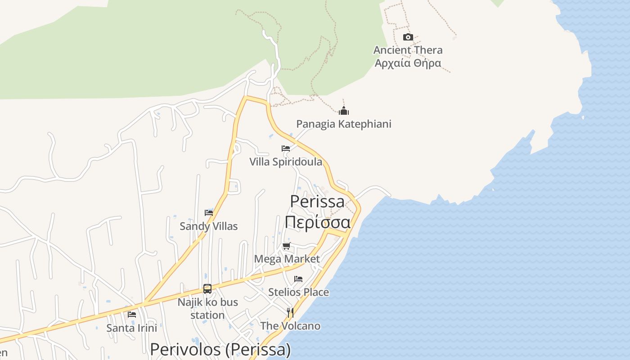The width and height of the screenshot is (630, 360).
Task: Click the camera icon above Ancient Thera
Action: pos(408,37)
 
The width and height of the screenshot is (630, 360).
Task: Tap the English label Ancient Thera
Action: pos(408,50)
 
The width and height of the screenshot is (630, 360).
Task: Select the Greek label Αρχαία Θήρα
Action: pos(408,63)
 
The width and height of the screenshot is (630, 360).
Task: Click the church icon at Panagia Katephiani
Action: pos(344,111)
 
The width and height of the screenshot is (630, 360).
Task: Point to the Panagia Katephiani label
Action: pos(344,124)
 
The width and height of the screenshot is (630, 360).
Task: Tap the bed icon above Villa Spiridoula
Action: pos(286,148)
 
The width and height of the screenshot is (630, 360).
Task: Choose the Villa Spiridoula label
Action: pos(286,162)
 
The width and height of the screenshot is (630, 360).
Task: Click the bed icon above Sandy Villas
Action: pos(209,212)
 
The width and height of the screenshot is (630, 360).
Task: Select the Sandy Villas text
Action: pos(208,226)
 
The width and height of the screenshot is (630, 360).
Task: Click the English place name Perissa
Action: pos(317,201)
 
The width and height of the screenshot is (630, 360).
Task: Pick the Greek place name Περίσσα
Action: pos(317,222)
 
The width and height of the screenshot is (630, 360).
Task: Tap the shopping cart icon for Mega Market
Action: pos(287,246)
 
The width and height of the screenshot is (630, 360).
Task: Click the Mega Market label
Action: pos(287,259)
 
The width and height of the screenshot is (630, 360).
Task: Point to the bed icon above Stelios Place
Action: pos(298,279)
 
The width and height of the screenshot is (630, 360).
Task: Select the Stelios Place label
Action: pos(298,292)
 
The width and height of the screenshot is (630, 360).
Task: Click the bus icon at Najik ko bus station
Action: pos(207,289)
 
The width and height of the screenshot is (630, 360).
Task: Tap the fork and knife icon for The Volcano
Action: pos(290,312)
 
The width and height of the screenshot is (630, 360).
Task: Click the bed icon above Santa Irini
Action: pos(132,314)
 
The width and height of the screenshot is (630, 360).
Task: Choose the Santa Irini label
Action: pos(132,328)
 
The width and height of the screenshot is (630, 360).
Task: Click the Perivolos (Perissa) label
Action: pos(220,350)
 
